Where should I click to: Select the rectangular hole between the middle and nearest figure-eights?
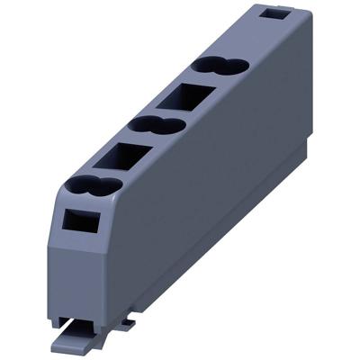pyautogui.click(x=120, y=158)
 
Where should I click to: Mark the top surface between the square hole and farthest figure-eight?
pyautogui.click(x=248, y=40)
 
